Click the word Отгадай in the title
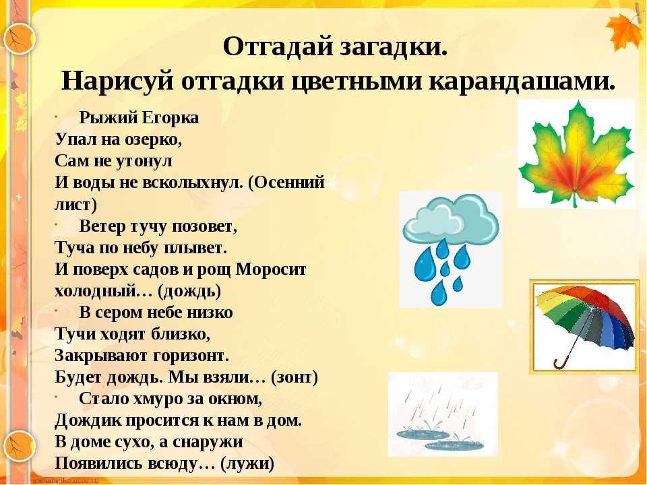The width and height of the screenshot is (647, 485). [x=278, y=47]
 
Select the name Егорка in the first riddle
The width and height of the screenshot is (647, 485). [x=171, y=118]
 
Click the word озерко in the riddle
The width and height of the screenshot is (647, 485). [x=152, y=139]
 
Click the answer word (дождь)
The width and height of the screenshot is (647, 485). [x=190, y=291]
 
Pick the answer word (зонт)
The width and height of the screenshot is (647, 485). [x=295, y=377]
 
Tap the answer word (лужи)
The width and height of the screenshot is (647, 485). [x=247, y=463]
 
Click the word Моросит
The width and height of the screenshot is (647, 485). [x=271, y=269]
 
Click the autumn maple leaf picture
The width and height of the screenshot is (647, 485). [x=576, y=154]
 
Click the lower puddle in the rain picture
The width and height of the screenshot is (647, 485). [x=454, y=445]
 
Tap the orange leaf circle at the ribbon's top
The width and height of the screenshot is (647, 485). [x=19, y=39]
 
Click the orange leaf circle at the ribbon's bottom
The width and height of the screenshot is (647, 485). [x=19, y=446]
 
